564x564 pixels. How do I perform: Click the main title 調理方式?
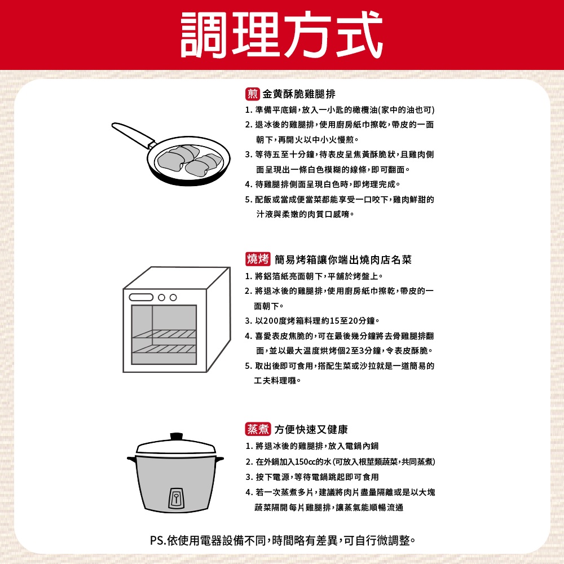pyautogui.click(x=281, y=34)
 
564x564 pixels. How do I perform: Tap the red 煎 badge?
pyautogui.click(x=253, y=94)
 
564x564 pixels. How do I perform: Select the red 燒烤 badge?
pyautogui.click(x=258, y=259)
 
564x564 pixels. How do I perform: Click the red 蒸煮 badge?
pyautogui.click(x=258, y=429)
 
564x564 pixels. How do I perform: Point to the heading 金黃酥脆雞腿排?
pyautogui.click(x=299, y=94)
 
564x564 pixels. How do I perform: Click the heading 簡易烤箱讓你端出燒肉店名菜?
pyautogui.click(x=343, y=259)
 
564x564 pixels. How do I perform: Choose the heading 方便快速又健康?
pyautogui.click(x=311, y=429)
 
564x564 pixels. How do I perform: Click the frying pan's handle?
pyautogui.click(x=133, y=135)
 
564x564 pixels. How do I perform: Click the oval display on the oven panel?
pyautogui.click(x=141, y=297)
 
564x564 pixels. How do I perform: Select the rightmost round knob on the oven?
pyautogui.click(x=173, y=297)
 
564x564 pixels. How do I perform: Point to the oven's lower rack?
pyautogui.click(x=164, y=349)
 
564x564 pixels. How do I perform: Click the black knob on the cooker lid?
pyautogui.click(x=176, y=437)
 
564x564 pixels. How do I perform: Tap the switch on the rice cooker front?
pyautogui.click(x=176, y=498)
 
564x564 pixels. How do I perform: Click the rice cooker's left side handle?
pyautogui.click(x=131, y=459)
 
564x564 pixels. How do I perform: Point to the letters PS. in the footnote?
pyautogui.click(x=158, y=540)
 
